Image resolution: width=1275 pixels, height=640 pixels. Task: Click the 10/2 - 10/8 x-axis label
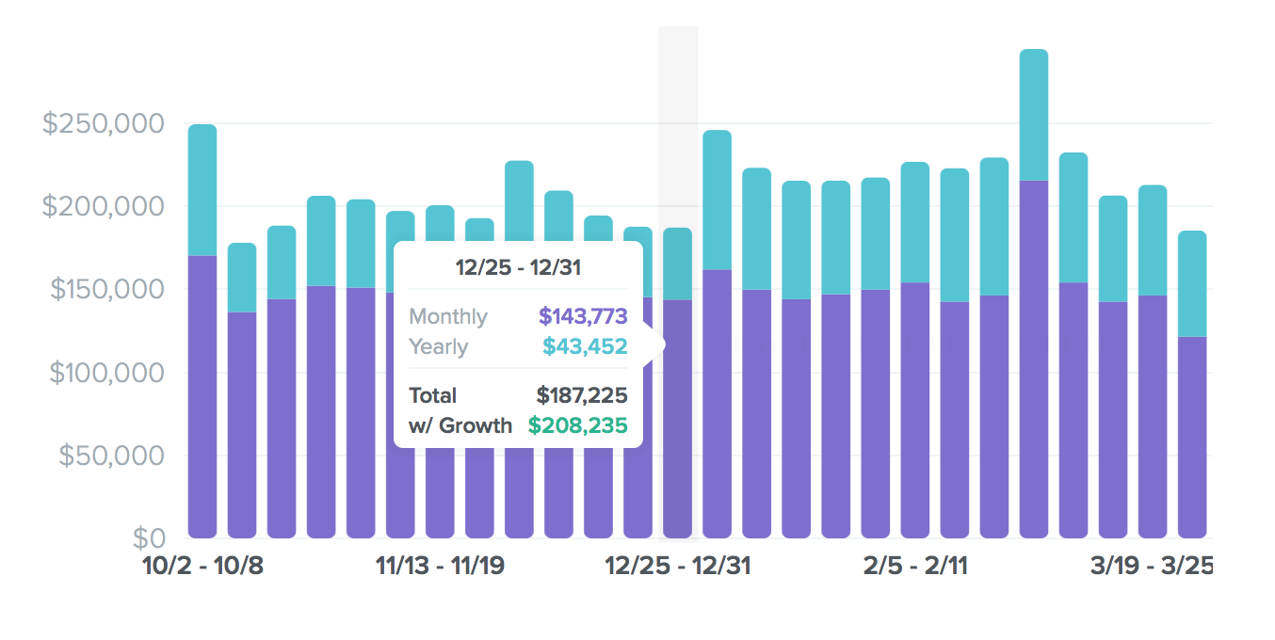click(202, 567)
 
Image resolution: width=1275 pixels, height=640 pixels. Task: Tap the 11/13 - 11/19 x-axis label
click(440, 567)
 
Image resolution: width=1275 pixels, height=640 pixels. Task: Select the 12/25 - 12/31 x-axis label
click(677, 567)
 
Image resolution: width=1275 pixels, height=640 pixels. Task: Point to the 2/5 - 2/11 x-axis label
click(915, 567)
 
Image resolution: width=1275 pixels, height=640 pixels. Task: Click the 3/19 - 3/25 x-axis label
click(1151, 567)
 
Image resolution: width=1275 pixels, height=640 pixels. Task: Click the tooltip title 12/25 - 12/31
click(518, 267)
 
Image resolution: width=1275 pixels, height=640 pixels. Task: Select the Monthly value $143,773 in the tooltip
click(583, 316)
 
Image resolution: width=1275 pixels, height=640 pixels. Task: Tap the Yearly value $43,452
click(585, 346)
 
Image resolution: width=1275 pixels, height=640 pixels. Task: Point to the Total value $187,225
click(582, 395)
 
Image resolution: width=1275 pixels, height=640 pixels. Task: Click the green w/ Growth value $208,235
click(577, 425)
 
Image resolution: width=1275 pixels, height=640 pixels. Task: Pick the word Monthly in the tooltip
click(448, 316)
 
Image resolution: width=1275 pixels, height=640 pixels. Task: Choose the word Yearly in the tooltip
click(438, 346)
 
